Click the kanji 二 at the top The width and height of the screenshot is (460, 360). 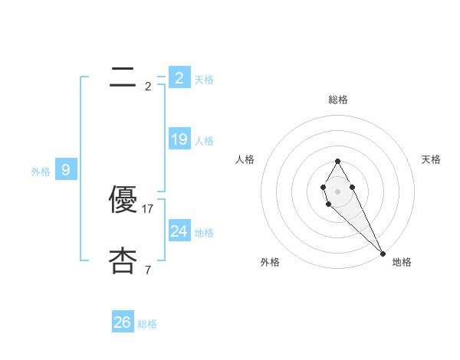click(x=123, y=76)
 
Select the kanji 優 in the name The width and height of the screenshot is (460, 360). click(x=123, y=201)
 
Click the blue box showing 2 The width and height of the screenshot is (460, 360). click(x=179, y=78)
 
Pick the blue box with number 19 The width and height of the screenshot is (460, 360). click(x=179, y=139)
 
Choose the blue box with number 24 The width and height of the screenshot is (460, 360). click(x=179, y=231)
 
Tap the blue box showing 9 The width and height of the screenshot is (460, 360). click(x=66, y=170)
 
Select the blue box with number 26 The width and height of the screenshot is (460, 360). click(x=123, y=322)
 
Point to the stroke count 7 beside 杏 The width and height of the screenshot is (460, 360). click(x=147, y=270)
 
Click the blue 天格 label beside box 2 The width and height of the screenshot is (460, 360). click(x=204, y=80)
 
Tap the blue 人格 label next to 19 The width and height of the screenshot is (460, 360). click(x=204, y=141)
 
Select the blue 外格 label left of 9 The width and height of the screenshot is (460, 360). click(x=41, y=172)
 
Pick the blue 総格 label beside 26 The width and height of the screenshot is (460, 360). click(x=147, y=324)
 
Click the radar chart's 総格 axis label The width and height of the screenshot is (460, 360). click(x=338, y=100)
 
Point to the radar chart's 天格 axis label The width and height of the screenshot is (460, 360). click(x=431, y=159)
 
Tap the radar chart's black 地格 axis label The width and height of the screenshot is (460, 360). click(x=402, y=262)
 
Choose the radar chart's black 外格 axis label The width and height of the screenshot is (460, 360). click(x=270, y=262)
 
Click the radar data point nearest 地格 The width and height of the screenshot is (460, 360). click(x=383, y=253)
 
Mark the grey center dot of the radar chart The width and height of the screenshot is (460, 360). click(x=338, y=191)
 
